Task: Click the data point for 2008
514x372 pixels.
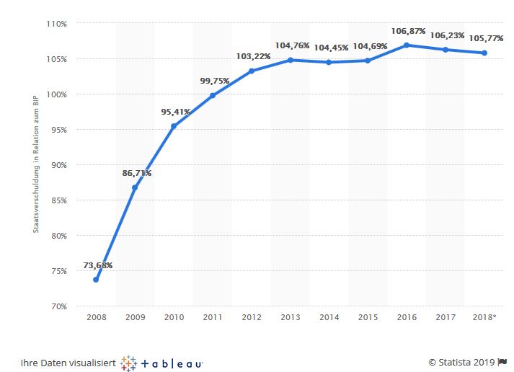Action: (x=96, y=280)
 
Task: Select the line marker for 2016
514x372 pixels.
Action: (x=407, y=45)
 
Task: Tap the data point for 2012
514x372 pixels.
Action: (x=252, y=71)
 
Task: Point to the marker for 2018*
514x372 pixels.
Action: (x=484, y=53)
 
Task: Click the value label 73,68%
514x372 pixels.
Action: (x=98, y=265)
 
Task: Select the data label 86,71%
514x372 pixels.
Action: (x=136, y=174)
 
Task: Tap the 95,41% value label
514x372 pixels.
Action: (x=175, y=112)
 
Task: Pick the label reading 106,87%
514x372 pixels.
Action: (x=407, y=31)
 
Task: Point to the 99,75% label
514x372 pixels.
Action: (x=214, y=81)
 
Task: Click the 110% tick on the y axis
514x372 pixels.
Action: (x=57, y=24)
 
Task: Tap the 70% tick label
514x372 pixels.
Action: (x=58, y=306)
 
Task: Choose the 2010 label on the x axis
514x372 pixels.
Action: (x=174, y=317)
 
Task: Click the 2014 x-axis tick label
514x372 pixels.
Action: (x=329, y=317)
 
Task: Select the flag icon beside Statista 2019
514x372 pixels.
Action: (x=502, y=362)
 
